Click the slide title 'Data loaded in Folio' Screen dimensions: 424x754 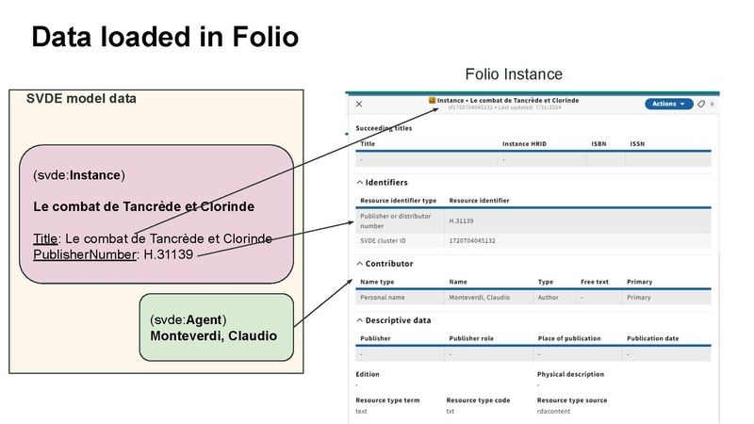[x=165, y=37]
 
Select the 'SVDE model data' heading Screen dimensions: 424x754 [x=80, y=99]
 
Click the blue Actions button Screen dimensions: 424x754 [x=668, y=104]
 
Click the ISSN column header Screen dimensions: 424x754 [x=637, y=144]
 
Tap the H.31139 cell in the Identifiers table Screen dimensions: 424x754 [x=463, y=221]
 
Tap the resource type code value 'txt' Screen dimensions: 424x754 [x=451, y=411]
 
